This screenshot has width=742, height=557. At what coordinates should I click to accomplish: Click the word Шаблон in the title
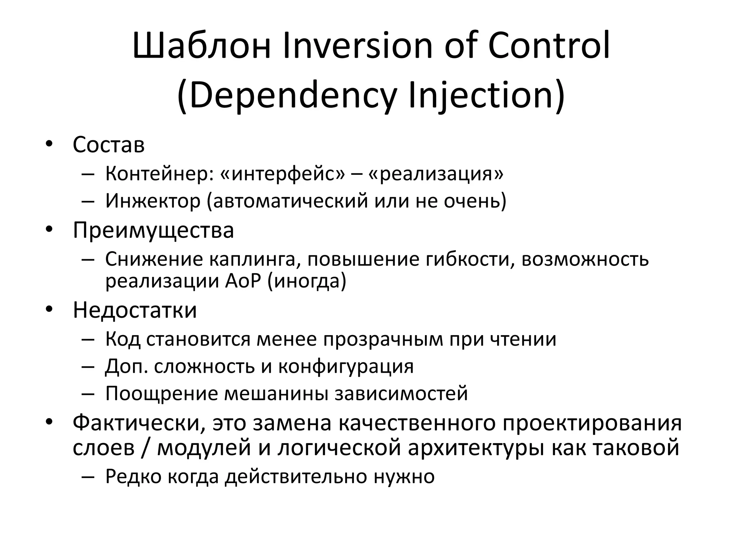tap(202, 46)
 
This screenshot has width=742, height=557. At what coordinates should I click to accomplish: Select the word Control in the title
tap(549, 46)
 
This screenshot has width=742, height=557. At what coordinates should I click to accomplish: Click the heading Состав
tap(109, 145)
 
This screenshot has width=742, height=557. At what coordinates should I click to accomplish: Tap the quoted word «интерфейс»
tap(283, 174)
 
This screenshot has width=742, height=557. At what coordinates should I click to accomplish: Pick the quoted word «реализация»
tap(436, 174)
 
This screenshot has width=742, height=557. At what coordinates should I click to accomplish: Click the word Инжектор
tap(153, 201)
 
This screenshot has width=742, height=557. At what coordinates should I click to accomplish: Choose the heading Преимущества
tap(153, 230)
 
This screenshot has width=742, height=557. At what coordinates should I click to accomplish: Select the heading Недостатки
tap(135, 310)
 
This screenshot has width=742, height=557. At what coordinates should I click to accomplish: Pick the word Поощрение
tap(162, 394)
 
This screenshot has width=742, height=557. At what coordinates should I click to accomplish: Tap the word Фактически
tap(139, 423)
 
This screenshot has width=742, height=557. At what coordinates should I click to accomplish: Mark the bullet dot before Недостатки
tap(49, 309)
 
